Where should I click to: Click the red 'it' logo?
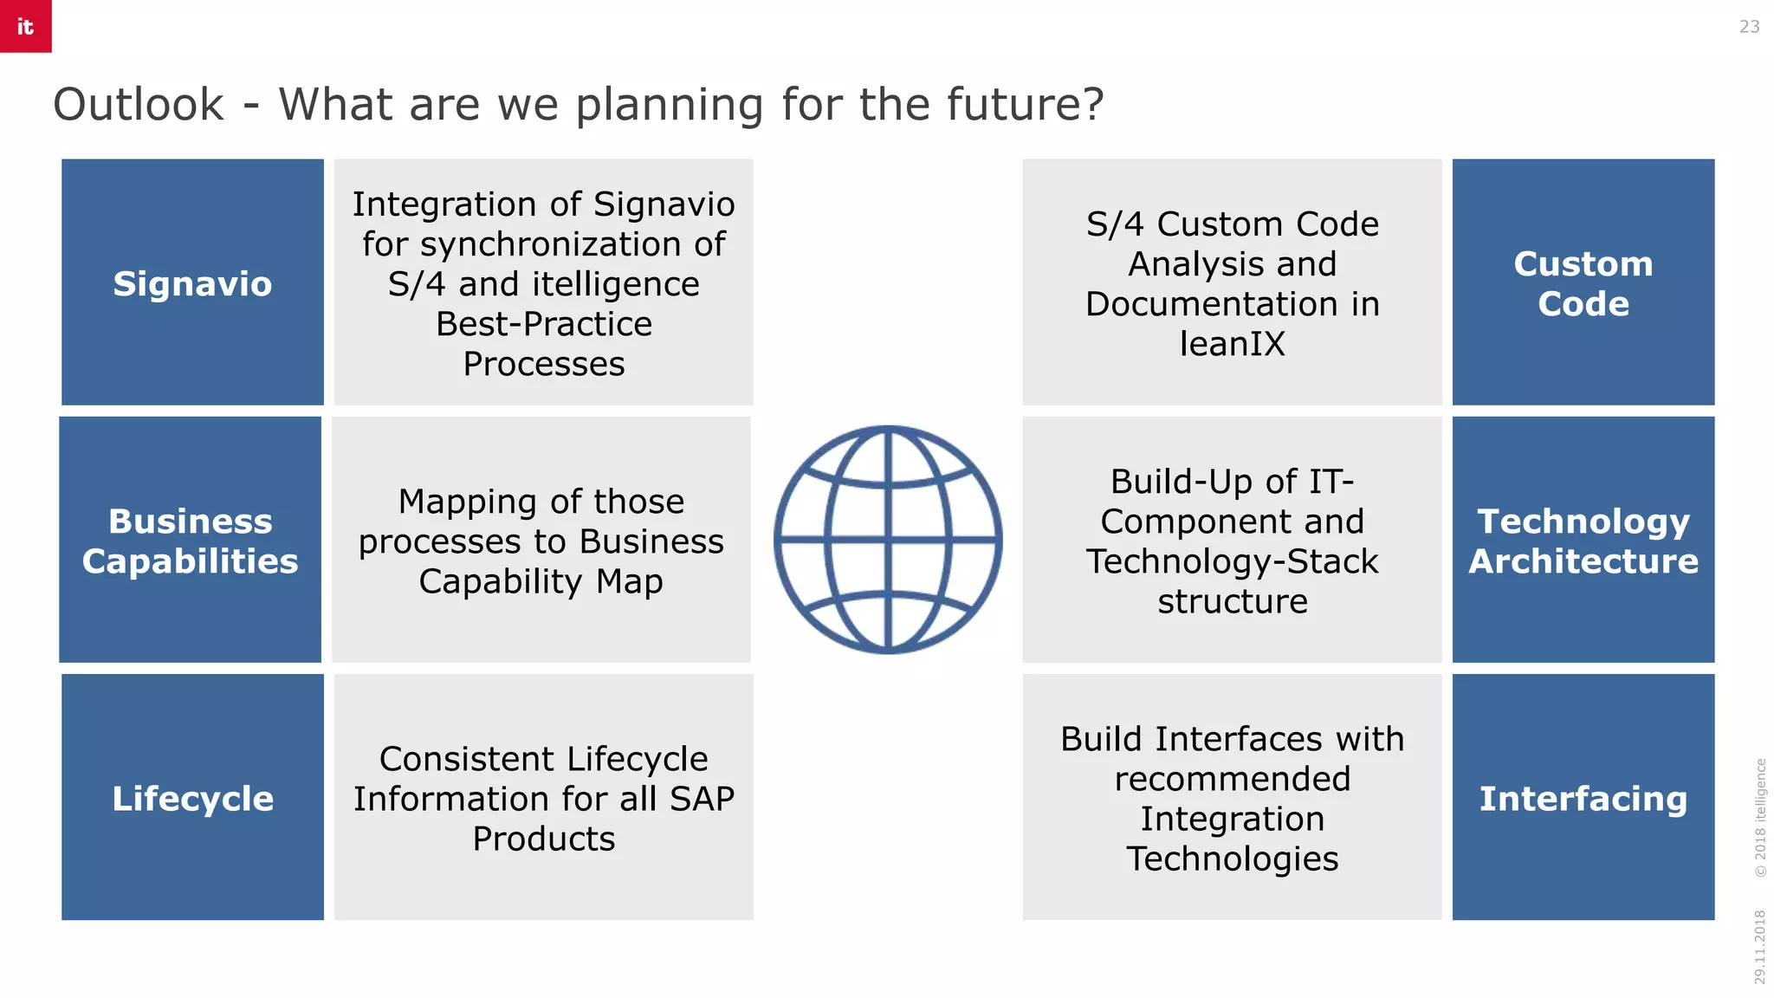25,26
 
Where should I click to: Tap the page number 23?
1749,27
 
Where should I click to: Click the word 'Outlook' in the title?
139,105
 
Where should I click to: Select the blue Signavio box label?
192,284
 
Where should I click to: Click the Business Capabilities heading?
191,541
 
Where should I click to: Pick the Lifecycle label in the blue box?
192,798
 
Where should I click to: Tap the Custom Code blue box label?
1583,283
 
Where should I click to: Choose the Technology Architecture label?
1583,541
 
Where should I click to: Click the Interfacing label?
1583,798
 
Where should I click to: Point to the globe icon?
888,539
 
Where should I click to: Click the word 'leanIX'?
1232,344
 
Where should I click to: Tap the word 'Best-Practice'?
543,324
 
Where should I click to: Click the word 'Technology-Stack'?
1232,561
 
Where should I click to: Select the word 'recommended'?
1232,779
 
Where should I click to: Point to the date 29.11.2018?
1759,946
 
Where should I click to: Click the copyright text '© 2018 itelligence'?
1759,817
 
